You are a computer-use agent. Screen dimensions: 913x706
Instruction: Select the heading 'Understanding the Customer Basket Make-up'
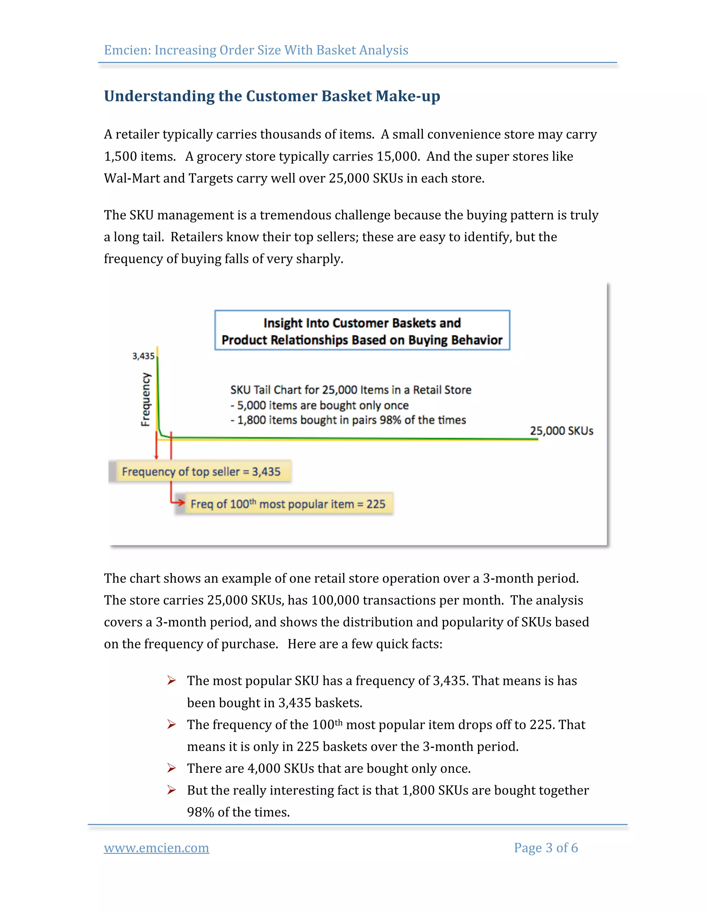(x=272, y=96)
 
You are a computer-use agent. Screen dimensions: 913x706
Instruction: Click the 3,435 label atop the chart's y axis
(x=143, y=356)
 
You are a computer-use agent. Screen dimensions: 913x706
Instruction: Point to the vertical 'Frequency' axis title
(x=145, y=399)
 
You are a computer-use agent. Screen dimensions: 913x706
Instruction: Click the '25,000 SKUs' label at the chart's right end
(x=561, y=431)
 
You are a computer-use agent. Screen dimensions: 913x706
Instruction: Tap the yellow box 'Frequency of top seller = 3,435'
(x=201, y=472)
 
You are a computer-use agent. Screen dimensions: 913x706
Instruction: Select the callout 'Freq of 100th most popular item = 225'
(x=288, y=504)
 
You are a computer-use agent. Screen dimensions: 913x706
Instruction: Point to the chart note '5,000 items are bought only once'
(x=322, y=405)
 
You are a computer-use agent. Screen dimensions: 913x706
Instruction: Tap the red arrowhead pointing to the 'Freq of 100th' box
(x=180, y=502)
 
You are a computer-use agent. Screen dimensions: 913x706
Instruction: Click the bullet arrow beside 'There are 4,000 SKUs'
(x=171, y=768)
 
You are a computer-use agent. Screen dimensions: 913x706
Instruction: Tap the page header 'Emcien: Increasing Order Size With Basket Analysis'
(x=256, y=50)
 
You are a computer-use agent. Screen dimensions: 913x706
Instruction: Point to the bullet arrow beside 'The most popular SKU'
(x=171, y=680)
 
